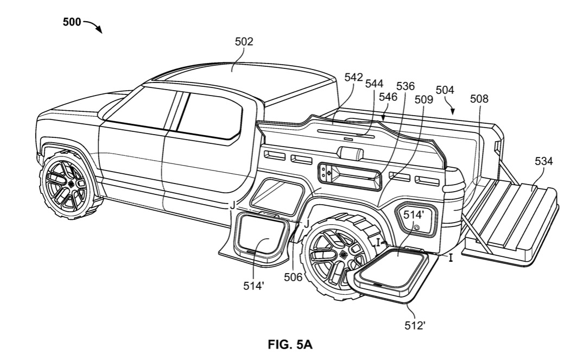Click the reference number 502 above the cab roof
(x=244, y=41)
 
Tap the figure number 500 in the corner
(x=72, y=22)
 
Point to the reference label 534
(x=543, y=161)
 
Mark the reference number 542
(x=353, y=78)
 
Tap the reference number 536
(x=405, y=86)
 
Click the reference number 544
(x=374, y=84)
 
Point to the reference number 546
(x=388, y=97)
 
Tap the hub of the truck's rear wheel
(x=342, y=255)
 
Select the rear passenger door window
(x=209, y=115)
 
